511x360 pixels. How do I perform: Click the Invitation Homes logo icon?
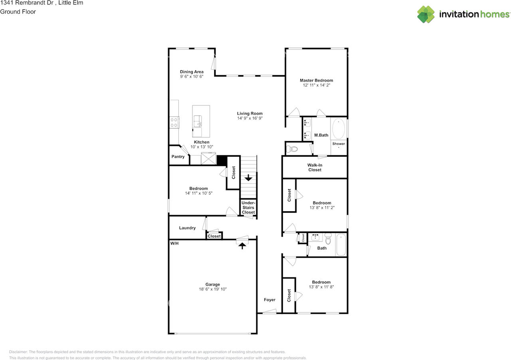point(426,14)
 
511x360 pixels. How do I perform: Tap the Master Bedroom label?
point(316,80)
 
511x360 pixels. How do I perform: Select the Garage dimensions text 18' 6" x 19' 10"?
point(212,289)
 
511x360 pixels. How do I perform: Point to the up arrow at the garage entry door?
point(241,246)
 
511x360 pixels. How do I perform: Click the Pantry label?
point(178,157)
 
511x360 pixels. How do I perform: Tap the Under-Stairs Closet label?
point(248,208)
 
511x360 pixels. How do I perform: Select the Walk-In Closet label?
point(315,167)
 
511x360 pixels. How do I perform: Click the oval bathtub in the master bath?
point(339,128)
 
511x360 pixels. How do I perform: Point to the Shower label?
point(339,144)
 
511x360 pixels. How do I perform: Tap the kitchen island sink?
point(198,120)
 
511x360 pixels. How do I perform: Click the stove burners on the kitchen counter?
point(174,122)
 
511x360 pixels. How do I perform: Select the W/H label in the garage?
point(174,243)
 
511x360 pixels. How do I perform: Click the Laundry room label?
point(187,228)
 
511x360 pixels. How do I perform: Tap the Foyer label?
point(269,300)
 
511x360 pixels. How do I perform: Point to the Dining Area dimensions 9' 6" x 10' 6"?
point(191,76)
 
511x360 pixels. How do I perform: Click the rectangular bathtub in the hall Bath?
point(341,244)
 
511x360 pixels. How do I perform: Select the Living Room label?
point(250,113)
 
